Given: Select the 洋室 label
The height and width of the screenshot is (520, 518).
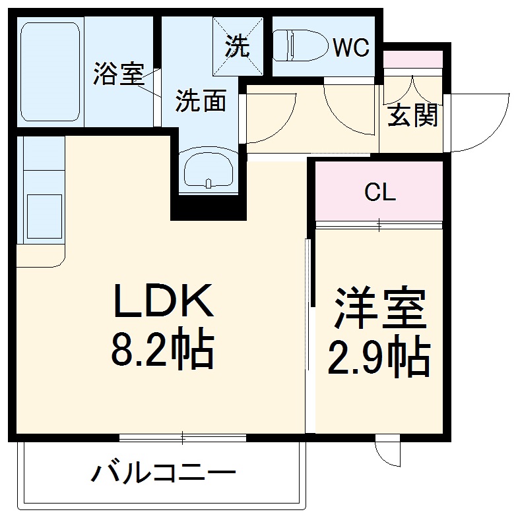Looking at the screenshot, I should (x=379, y=308).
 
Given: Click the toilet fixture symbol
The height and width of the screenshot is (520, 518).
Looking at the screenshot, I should (x=301, y=45).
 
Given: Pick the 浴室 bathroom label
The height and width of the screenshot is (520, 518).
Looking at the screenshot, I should (x=118, y=73).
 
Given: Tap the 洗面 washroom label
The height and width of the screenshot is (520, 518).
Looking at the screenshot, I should (x=201, y=100).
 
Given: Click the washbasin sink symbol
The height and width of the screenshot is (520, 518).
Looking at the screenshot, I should (x=208, y=169).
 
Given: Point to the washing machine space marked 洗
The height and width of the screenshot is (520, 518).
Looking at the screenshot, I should (x=238, y=45).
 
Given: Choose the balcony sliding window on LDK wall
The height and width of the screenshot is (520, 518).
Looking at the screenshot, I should (x=183, y=437).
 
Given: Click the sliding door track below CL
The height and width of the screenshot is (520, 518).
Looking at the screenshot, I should (x=379, y=225).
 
